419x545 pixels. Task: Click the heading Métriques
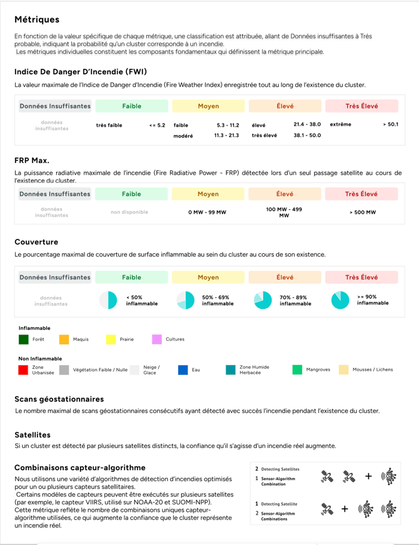pos(37,20)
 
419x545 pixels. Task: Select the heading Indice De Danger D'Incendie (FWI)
pos(81,71)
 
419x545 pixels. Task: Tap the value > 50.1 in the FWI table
pos(390,124)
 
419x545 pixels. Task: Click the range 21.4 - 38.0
pos(307,124)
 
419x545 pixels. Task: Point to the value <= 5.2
pos(157,125)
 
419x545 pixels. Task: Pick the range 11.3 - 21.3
pos(226,135)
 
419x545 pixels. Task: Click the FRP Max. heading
pos(32,161)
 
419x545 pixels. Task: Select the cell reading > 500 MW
pos(363,212)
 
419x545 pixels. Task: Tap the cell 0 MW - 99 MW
pos(207,212)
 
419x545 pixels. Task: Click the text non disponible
pos(129,212)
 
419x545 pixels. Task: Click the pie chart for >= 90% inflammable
pos(340,300)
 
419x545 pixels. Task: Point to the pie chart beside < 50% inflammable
pos(108,300)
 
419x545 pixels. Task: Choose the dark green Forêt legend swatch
pos(24,339)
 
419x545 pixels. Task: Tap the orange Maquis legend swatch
pos(64,339)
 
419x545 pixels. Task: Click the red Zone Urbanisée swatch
pos(24,370)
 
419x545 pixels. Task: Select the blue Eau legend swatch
pos(183,370)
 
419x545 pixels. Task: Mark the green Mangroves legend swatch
pos(297,370)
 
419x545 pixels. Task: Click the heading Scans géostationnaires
pos(59,399)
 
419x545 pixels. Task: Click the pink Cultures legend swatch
pos(157,339)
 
